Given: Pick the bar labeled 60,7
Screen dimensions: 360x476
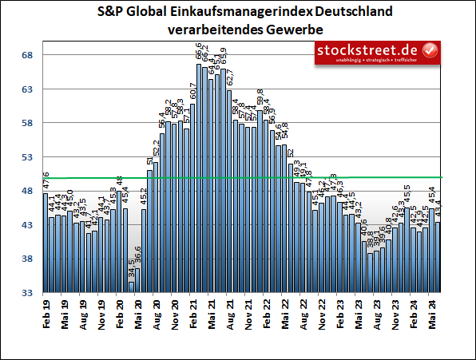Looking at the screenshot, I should tap(192, 199).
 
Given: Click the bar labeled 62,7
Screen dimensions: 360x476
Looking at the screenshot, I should tap(229, 192).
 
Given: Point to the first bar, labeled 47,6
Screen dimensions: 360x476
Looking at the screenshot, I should tap(46, 243).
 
